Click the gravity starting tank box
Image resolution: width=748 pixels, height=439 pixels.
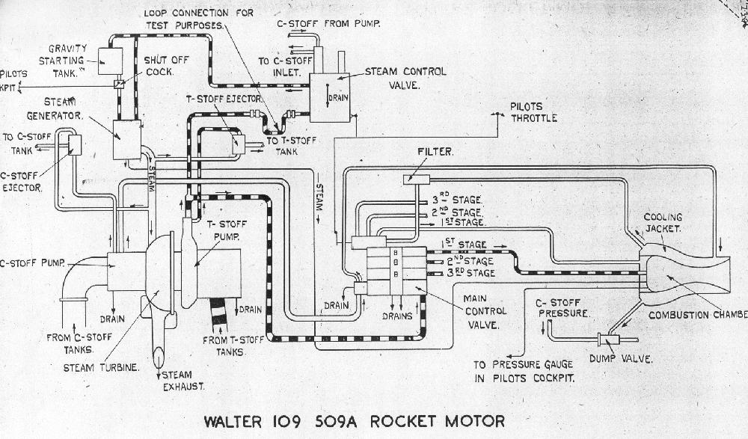pos(110,60)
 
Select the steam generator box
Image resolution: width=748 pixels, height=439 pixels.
pos(126,139)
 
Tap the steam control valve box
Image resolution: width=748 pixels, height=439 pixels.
pos(330,97)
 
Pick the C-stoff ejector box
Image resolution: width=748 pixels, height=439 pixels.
pos(75,144)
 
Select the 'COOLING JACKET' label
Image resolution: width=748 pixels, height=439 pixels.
pos(663,222)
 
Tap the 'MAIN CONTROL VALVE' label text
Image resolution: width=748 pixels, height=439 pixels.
pos(485,310)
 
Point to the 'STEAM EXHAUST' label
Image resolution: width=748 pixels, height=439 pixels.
pos(183,380)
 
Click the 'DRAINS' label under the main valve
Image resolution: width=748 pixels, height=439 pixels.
pos(398,316)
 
